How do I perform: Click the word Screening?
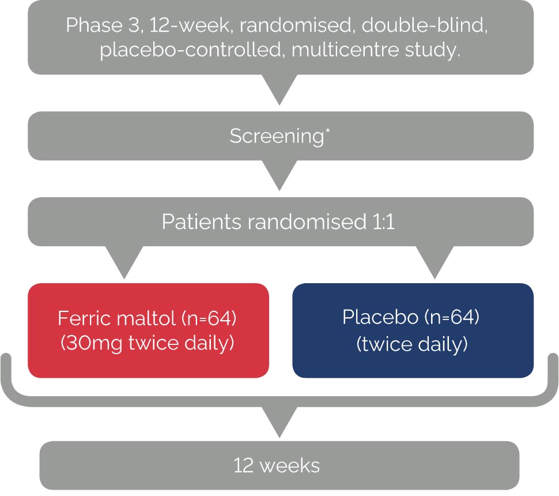tap(277, 136)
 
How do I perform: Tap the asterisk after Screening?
tap(328, 130)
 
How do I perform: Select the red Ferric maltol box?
tap(148, 330)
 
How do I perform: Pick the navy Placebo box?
tap(413, 330)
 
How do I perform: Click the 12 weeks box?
tap(279, 465)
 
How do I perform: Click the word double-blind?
tap(424, 25)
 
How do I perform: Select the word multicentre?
tap(345, 49)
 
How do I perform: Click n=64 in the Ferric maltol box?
tap(209, 318)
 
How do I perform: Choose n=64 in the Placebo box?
tap(452, 317)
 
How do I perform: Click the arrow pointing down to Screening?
tap(279, 90)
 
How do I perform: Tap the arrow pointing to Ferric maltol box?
tap(124, 262)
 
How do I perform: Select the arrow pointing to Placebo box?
tap(435, 262)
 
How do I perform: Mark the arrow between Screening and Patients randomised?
tap(279, 175)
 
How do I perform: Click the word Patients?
tap(202, 222)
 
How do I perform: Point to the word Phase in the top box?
tap(95, 25)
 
